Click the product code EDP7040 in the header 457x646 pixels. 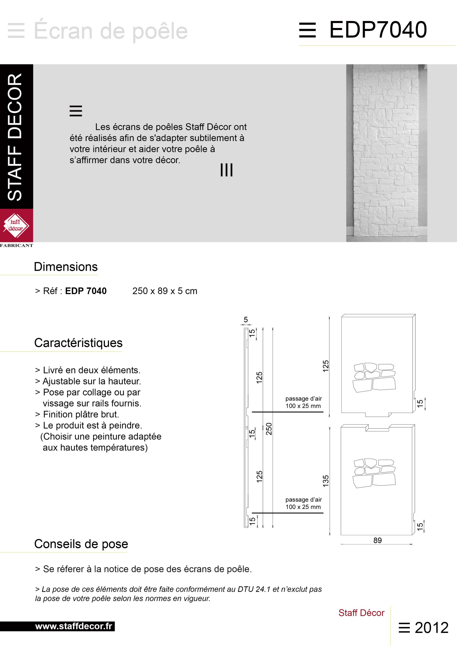378,30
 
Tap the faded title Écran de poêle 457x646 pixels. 111,31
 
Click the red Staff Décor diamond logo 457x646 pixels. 16,225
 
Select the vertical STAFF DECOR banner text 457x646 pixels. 15,137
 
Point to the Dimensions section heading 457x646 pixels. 66,267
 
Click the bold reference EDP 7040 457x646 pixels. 86,291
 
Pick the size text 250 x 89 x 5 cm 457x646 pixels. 165,291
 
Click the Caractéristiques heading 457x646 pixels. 78,343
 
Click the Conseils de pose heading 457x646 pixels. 81,544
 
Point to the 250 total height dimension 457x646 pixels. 269,429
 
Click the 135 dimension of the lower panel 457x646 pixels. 326,481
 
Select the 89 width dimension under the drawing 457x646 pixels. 377,541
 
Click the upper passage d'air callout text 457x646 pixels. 303,402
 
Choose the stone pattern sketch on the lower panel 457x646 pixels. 374,473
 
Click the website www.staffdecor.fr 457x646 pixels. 74,626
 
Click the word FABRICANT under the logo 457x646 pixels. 16,245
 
